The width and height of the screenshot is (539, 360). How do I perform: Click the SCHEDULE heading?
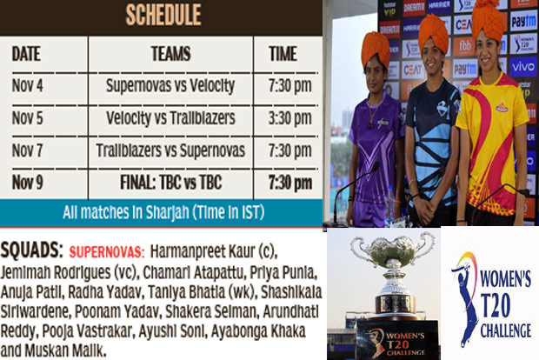pyautogui.click(x=163, y=14)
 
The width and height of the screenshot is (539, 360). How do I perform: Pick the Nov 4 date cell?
pyautogui.click(x=28, y=86)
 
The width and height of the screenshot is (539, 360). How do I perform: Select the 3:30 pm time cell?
pyautogui.click(x=289, y=117)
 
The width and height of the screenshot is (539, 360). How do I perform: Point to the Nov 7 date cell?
pyautogui.click(x=28, y=150)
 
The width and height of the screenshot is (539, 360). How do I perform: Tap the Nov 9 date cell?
pyautogui.click(x=28, y=182)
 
